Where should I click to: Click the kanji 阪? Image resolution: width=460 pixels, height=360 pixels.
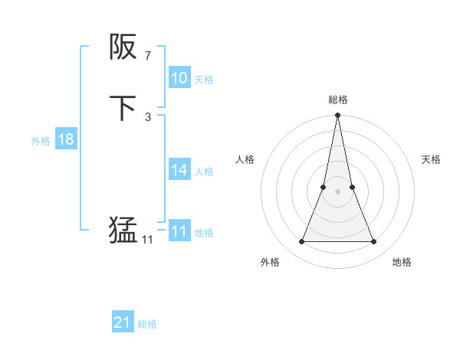point(123,48)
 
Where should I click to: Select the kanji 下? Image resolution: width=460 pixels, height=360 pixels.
point(123,108)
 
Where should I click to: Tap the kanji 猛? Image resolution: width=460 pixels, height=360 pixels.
point(123,231)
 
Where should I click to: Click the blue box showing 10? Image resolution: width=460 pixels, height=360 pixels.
point(179,78)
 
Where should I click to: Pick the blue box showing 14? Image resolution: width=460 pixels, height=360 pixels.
point(179,170)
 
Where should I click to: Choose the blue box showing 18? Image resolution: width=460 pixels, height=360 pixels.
point(66,139)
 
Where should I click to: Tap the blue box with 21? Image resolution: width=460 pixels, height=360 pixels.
point(123,322)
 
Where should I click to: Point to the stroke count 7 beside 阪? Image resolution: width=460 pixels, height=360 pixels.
point(147,56)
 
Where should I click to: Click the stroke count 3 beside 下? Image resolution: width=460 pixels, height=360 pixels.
point(147,116)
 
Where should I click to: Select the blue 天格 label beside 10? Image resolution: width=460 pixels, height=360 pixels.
point(204,79)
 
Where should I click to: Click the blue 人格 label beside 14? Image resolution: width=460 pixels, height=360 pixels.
point(204,172)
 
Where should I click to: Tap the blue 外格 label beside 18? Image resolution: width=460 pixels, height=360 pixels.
point(41,141)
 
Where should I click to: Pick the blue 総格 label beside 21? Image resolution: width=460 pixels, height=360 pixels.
point(147,324)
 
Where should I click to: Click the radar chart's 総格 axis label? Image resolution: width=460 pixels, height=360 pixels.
point(337,100)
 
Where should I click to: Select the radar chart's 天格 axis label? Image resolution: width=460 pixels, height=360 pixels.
point(432,159)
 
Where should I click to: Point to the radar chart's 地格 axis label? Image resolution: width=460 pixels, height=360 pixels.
point(402,262)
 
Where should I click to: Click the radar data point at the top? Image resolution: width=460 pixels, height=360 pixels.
point(337,116)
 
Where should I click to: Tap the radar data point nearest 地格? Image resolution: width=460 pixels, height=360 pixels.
point(374,242)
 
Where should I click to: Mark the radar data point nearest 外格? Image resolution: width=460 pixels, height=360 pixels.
point(301,242)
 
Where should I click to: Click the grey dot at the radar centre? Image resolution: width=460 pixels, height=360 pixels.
point(337,191)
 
